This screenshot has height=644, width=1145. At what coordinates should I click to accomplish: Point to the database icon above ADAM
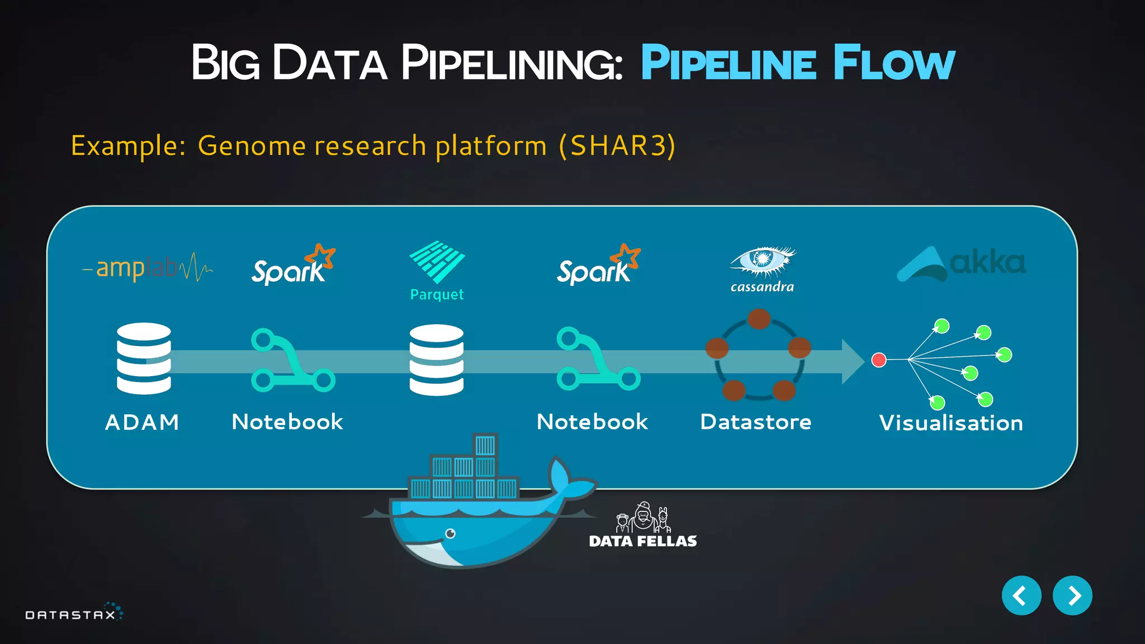(x=144, y=358)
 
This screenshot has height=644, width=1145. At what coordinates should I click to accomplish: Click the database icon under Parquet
(x=437, y=360)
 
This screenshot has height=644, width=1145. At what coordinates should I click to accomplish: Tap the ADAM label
(x=142, y=422)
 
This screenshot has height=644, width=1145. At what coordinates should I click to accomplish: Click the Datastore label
(x=755, y=422)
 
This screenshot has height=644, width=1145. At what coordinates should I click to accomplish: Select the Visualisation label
(x=950, y=423)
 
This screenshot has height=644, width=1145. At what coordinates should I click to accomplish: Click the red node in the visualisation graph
(x=879, y=359)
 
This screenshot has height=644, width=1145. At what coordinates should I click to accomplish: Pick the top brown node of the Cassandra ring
(x=759, y=319)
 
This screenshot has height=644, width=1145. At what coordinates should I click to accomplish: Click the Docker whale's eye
(x=451, y=533)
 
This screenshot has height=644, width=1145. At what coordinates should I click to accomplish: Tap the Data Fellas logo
(x=643, y=525)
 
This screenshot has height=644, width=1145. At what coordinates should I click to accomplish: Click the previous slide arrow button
(x=1021, y=595)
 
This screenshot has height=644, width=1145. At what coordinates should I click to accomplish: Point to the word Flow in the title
(x=893, y=63)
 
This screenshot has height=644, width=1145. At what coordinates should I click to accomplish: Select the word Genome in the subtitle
(x=252, y=146)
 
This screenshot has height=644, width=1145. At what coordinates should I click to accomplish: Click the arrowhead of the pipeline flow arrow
(x=854, y=361)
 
